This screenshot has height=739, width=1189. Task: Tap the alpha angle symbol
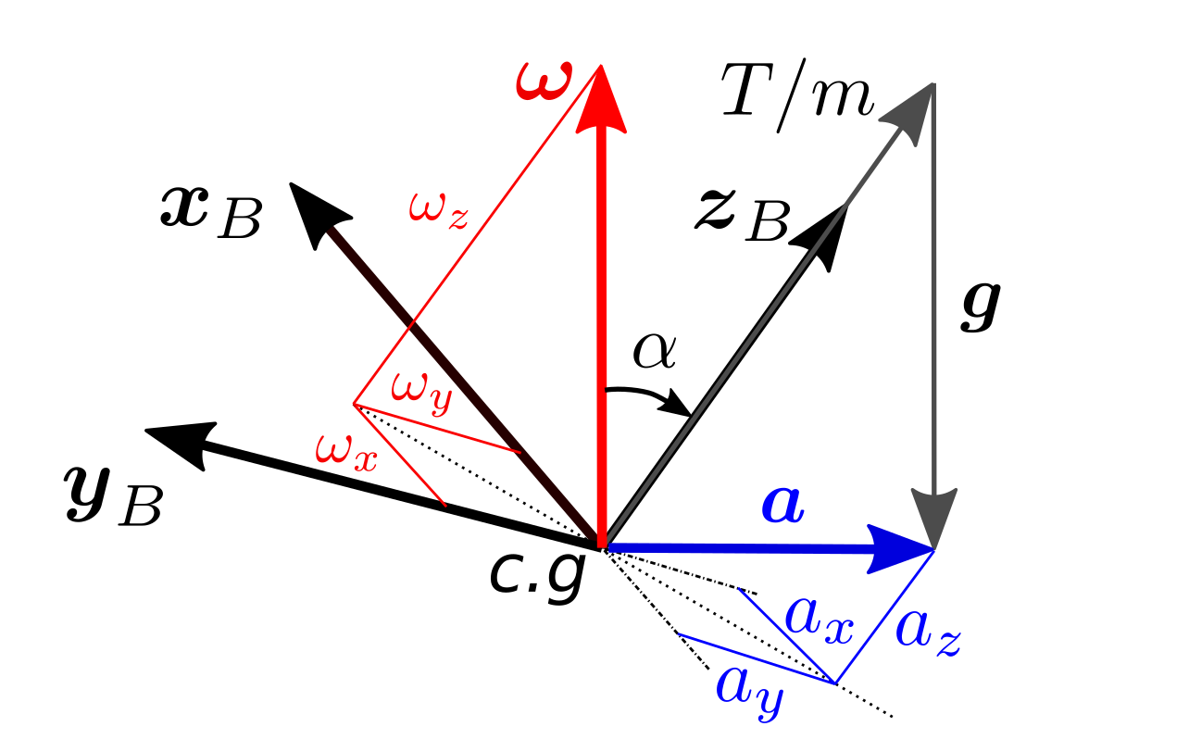click(655, 352)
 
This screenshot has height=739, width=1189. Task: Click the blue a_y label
click(748, 689)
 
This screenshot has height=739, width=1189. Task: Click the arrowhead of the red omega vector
click(602, 93)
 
